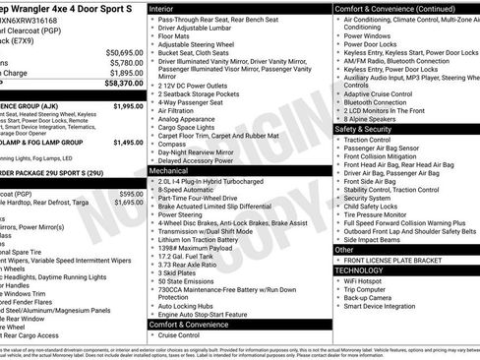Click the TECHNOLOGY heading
[x=359, y=270]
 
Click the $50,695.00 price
[x=124, y=51]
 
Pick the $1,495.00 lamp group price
[x=128, y=143]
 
